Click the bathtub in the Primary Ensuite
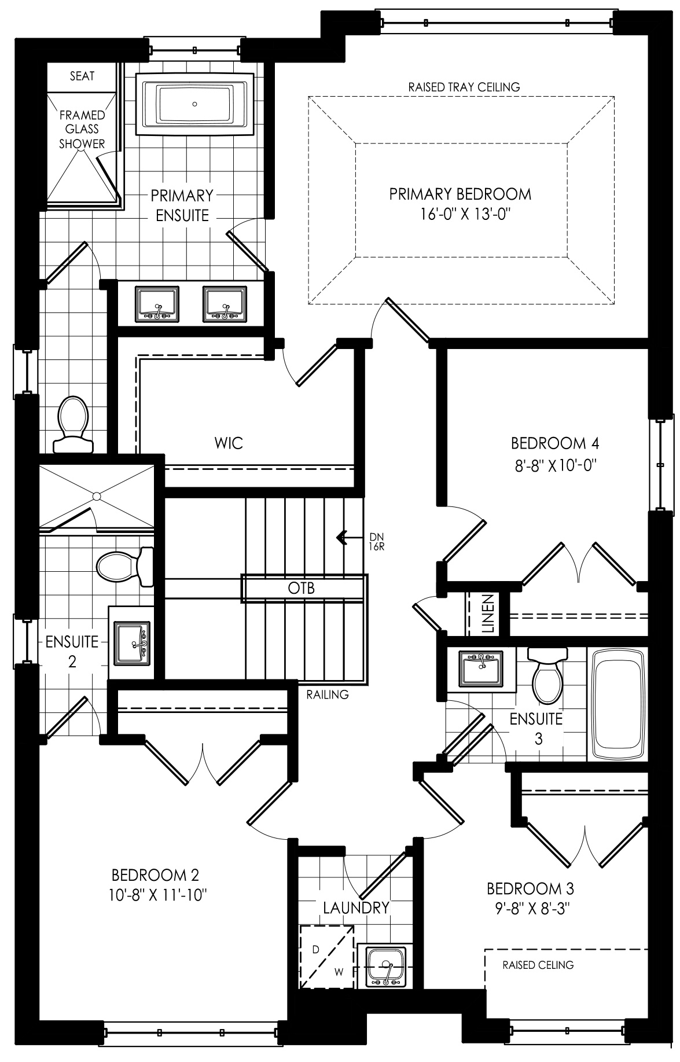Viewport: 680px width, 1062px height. point(194,104)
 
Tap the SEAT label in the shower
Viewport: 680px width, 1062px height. point(82,76)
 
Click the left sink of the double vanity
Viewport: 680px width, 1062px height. point(157,304)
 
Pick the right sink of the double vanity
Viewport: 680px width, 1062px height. point(224,304)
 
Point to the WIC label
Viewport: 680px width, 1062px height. point(229,444)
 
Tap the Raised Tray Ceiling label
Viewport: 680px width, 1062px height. point(464,87)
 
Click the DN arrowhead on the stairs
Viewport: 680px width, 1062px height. point(341,538)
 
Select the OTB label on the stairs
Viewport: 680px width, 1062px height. point(302,589)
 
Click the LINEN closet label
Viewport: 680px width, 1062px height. point(487,613)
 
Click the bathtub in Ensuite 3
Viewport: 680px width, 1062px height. point(617,703)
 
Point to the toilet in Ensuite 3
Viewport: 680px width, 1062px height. point(547,675)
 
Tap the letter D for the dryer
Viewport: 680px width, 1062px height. point(315,950)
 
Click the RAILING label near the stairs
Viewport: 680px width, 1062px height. point(328,694)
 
